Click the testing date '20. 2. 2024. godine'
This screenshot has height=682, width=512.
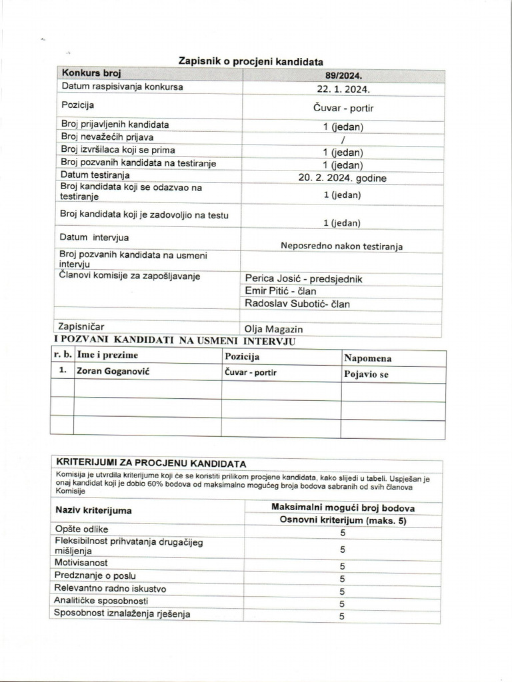(x=343, y=178)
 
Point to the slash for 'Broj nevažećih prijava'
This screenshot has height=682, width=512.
(x=343, y=139)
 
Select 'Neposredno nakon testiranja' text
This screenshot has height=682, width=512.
(x=341, y=246)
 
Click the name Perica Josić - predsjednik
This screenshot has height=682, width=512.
(x=303, y=278)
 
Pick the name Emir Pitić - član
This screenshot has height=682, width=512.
(x=281, y=291)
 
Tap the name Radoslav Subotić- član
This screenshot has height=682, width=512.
(x=297, y=304)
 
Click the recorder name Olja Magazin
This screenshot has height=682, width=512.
(x=274, y=329)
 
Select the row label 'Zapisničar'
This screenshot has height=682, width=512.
(x=82, y=326)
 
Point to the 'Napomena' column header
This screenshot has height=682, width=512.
(x=368, y=358)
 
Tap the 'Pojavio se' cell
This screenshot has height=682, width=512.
(x=366, y=374)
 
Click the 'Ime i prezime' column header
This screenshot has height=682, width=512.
(x=107, y=356)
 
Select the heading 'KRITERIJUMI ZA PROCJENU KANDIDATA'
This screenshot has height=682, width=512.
(x=151, y=463)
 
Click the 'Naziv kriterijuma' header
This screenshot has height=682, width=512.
(x=93, y=510)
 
